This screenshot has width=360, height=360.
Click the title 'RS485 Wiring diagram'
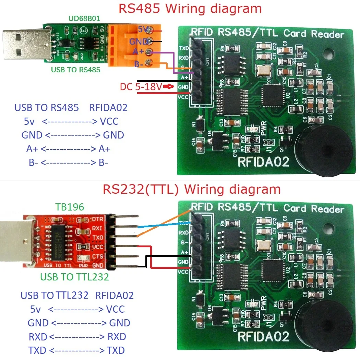tap(190, 9)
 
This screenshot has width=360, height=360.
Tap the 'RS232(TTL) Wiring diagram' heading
tap(192, 189)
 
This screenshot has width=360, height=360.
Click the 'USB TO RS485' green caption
tap(75, 70)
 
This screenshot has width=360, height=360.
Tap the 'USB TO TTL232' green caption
tap(74, 277)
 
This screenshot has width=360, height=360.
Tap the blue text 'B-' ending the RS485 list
tap(103, 163)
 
